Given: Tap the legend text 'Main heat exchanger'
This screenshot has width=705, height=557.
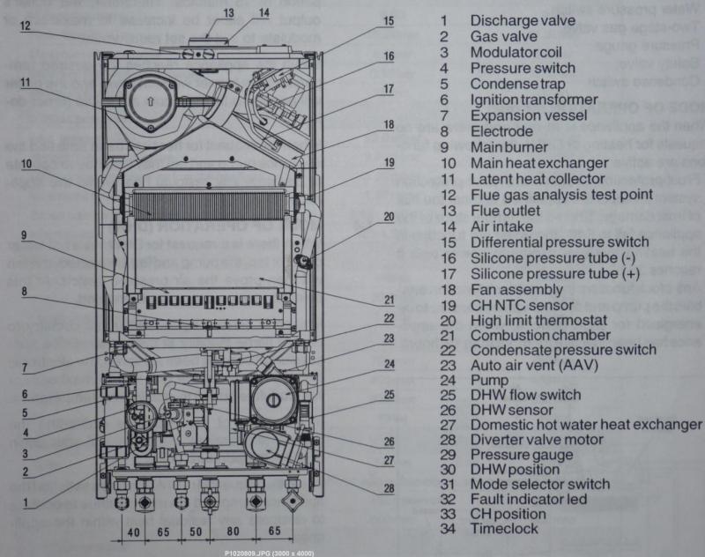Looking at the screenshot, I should click(x=538, y=163).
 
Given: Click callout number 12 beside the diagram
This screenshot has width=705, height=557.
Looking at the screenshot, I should click(x=26, y=27).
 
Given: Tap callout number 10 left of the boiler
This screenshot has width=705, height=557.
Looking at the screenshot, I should click(x=26, y=163).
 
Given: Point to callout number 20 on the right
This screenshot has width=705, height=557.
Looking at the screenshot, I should click(x=389, y=217).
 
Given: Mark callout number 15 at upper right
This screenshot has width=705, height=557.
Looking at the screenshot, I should click(x=389, y=19).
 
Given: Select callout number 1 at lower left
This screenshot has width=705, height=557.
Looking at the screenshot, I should click(x=26, y=503).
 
